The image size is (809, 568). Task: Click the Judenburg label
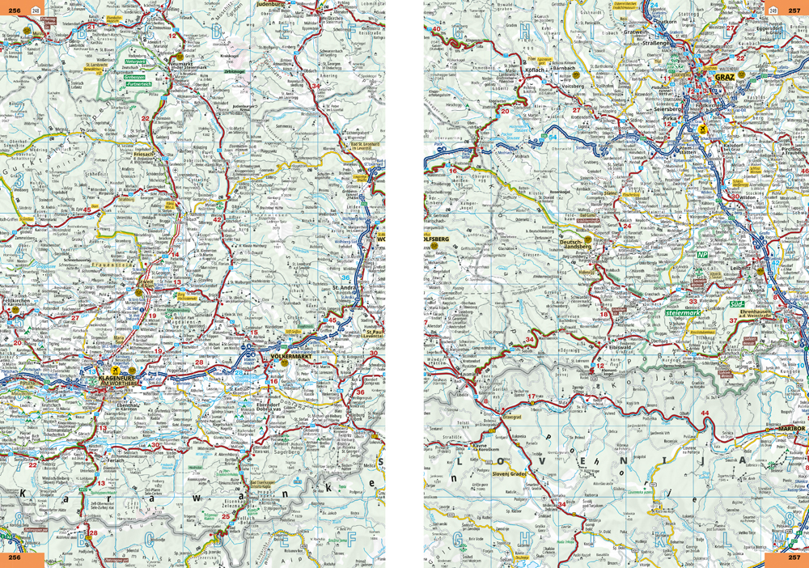(x=273, y=4)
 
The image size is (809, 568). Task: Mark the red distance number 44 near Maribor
(x=705, y=413)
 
